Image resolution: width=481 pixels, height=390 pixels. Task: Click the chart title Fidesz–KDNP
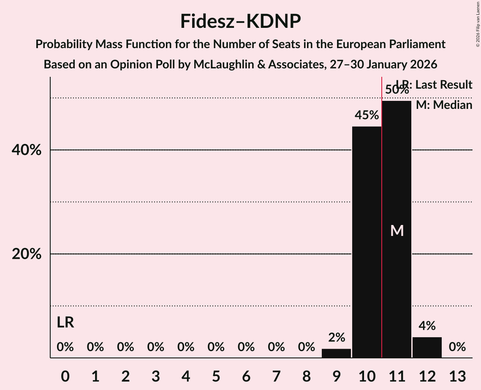[x=240, y=21]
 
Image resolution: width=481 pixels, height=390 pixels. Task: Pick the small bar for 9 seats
[x=336, y=353]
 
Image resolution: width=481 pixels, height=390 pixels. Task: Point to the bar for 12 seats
[x=427, y=347]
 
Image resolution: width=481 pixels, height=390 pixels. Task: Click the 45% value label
[x=367, y=115]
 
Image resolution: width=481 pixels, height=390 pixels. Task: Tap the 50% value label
[x=397, y=89]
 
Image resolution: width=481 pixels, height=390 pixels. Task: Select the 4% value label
[x=427, y=326]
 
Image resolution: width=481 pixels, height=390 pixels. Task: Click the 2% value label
[x=336, y=338]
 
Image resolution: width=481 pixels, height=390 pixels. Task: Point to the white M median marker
[x=397, y=230]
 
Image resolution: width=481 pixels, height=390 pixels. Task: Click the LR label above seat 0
[x=65, y=323]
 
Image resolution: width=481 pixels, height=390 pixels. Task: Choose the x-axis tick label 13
[x=457, y=376]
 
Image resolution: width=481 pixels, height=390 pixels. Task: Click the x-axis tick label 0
[x=65, y=376]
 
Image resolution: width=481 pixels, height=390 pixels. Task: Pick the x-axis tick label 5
[x=216, y=376]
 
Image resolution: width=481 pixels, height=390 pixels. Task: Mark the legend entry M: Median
[x=444, y=105]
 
